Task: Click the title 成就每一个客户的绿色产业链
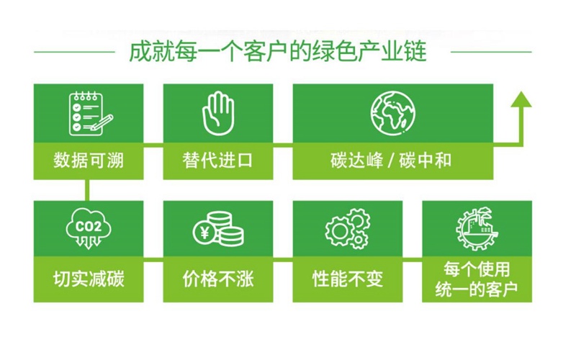[x=278, y=52]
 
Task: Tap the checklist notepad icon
[x=91, y=114]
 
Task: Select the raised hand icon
[x=218, y=113]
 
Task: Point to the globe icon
[x=392, y=113]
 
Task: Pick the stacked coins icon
[x=218, y=229]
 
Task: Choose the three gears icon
[x=347, y=229]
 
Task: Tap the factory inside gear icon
[x=477, y=228]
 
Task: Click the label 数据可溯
[x=89, y=161]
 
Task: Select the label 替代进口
[x=218, y=161]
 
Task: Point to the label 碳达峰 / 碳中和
[x=391, y=161]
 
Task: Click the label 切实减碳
[x=89, y=279]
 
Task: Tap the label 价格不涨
[x=218, y=279]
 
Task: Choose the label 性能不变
[x=348, y=279]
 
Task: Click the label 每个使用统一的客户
[x=477, y=279]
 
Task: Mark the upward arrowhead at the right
[x=521, y=99]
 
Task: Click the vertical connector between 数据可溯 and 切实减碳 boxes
[x=87, y=190]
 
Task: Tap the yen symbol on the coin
[x=205, y=232]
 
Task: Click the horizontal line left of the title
[x=75, y=52]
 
